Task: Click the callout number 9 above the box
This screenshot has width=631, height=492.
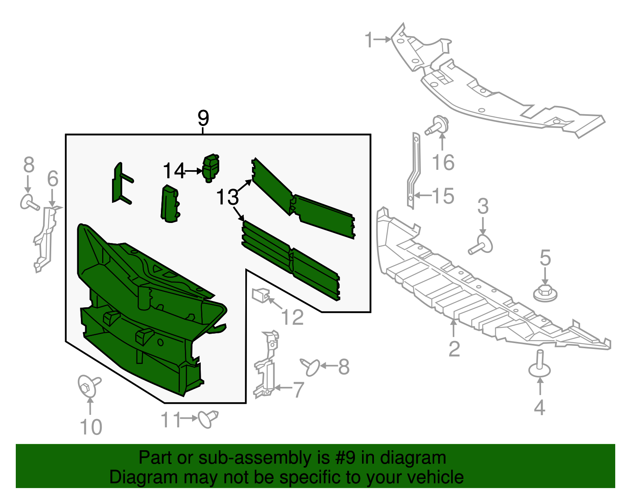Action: coord(203,118)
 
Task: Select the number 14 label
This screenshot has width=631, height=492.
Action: coord(174,171)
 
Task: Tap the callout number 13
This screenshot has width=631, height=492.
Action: coord(228,197)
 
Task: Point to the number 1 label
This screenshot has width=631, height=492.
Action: coord(369,40)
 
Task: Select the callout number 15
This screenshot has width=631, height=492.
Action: coord(443,196)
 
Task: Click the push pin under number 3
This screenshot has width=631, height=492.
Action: coord(482,244)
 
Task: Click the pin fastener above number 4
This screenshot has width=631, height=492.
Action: coord(540,365)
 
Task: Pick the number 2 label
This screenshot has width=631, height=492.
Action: coord(454,349)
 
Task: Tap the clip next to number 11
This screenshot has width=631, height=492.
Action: coord(208,418)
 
